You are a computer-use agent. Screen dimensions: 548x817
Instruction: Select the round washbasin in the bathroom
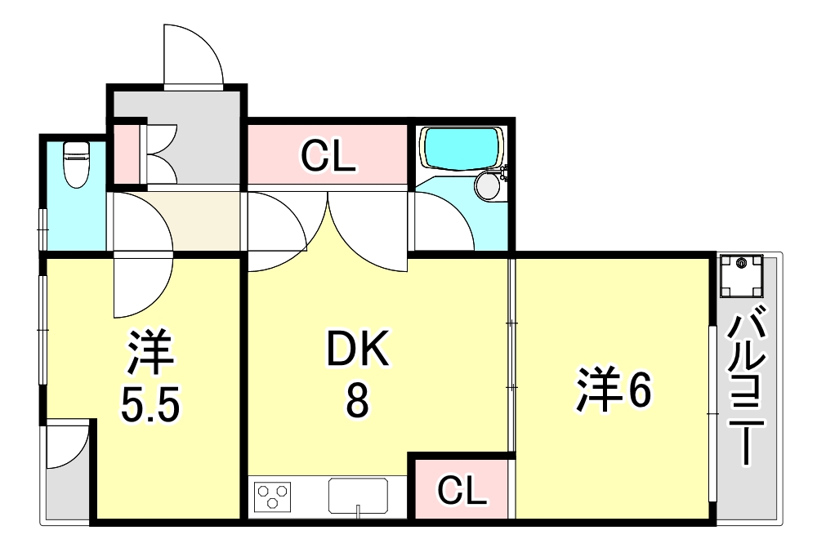(x=488, y=185)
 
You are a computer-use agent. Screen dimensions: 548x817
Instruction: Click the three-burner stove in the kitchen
(x=273, y=497)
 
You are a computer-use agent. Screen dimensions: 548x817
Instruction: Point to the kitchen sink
(x=358, y=495)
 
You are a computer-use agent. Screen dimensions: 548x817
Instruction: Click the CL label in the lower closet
(x=462, y=491)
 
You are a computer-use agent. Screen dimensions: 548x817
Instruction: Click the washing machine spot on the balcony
(x=741, y=277)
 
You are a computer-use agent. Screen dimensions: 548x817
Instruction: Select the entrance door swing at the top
(x=193, y=55)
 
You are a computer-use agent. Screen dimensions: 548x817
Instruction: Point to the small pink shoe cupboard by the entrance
(x=127, y=154)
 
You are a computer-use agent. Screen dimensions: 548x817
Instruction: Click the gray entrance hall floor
(x=204, y=139)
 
